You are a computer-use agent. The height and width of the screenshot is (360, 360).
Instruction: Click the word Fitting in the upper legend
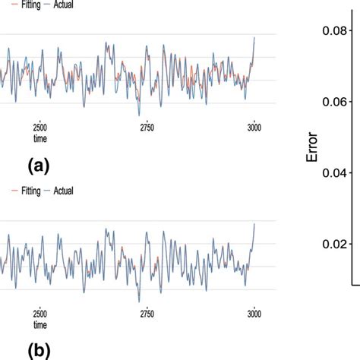click(27, 5)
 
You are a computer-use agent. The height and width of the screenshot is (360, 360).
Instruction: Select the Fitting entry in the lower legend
click(27, 191)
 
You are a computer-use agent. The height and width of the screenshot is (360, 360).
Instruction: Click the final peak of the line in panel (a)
click(254, 37)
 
